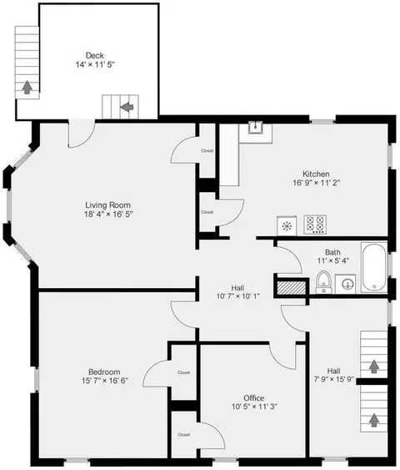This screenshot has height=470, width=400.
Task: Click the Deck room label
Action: tap(95, 55)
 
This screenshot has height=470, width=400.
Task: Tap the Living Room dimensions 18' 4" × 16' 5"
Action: tap(108, 214)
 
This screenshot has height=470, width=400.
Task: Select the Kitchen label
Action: tap(316, 174)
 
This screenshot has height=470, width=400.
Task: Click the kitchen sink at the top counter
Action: tap(255, 128)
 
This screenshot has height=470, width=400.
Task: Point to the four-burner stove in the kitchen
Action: tap(315, 225)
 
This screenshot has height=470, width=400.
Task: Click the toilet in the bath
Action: tap(323, 282)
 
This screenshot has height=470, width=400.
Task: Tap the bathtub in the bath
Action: tap(374, 268)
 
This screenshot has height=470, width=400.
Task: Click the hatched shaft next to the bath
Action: tap(292, 288)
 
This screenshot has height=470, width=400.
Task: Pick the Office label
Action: tap(253, 398)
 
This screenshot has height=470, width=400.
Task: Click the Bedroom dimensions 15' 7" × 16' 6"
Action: tap(105, 381)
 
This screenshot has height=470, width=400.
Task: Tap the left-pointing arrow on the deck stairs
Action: tap(127, 107)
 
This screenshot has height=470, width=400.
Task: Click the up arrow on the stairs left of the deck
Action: tap(27, 87)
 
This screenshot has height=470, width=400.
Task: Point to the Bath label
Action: tap(332, 252)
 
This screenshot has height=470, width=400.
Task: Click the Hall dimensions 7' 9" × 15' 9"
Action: tap(334, 380)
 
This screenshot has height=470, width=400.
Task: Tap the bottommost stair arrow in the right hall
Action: tap(373, 420)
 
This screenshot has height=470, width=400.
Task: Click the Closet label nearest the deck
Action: tap(207, 151)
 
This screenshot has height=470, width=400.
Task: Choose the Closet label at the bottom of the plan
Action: tap(183, 435)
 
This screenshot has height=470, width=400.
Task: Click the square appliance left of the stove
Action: tap(287, 225)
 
